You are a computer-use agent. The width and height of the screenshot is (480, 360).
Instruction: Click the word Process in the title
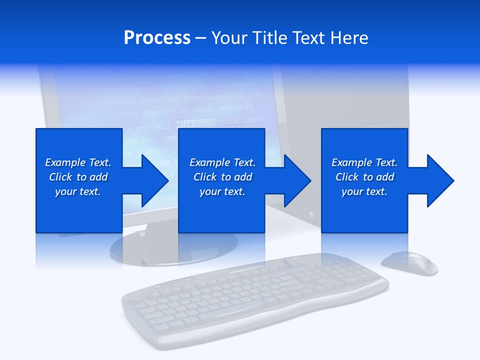157,38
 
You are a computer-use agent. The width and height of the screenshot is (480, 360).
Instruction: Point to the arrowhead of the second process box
296,180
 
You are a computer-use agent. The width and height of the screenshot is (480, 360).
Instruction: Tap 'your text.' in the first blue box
78,191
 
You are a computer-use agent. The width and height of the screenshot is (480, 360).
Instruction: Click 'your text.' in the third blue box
364,191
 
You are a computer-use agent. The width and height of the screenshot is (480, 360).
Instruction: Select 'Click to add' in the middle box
222,177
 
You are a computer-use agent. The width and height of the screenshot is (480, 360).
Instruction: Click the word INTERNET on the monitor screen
196,122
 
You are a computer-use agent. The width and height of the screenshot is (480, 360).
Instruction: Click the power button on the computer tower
312,214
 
